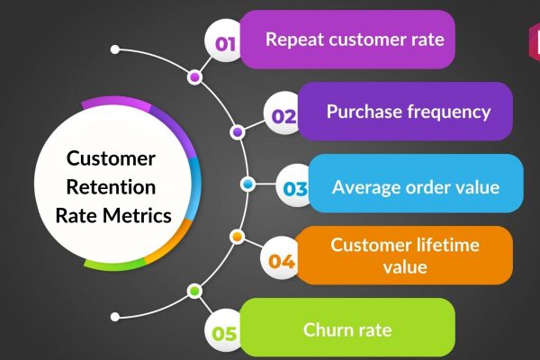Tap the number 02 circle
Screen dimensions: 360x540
coord(284,115)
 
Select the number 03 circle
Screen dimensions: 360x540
coord(295,188)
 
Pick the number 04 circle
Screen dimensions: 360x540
coord(282,262)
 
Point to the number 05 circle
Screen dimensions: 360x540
coord(225,334)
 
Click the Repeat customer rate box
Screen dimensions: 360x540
coord(354,40)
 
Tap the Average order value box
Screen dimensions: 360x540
coord(415,187)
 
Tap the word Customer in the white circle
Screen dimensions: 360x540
coord(111,159)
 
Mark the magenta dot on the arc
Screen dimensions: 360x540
coord(193,77)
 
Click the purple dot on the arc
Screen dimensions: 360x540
coord(237,131)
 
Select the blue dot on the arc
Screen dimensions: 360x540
coord(247,184)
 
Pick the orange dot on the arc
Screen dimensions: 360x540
coord(237,237)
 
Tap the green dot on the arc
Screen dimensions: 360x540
coord(193,291)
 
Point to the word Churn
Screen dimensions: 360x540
coord(325,329)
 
